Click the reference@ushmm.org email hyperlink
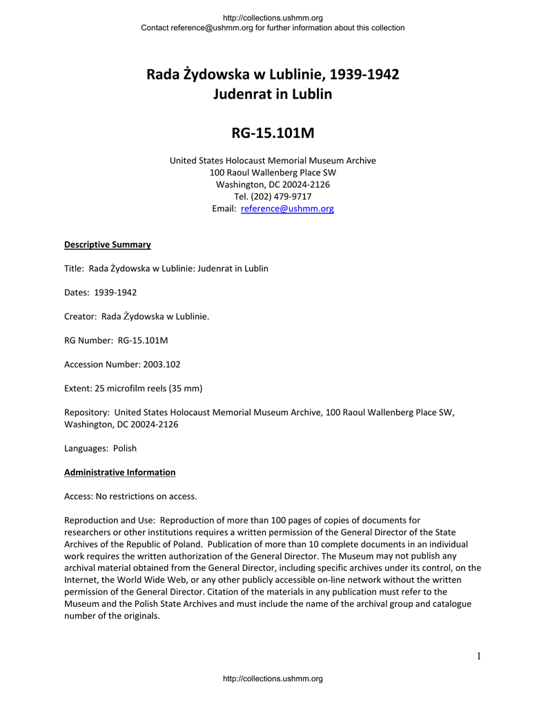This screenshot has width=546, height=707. (287, 209)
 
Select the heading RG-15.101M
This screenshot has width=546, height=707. (273, 132)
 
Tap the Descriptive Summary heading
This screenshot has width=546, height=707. (107, 244)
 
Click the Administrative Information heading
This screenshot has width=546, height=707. (119, 472)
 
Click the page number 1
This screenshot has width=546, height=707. (478, 656)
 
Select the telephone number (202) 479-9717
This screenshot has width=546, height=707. (273, 197)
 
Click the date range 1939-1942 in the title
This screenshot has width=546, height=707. (364, 74)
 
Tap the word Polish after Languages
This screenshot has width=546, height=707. (125, 448)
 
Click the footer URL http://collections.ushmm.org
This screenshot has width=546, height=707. (273, 679)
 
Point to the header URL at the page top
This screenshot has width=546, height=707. (273, 18)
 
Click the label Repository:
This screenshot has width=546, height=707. (86, 412)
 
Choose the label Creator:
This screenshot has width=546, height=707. (80, 316)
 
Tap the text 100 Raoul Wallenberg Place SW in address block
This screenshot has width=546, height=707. (273, 173)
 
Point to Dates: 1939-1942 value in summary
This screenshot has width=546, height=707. (115, 292)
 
